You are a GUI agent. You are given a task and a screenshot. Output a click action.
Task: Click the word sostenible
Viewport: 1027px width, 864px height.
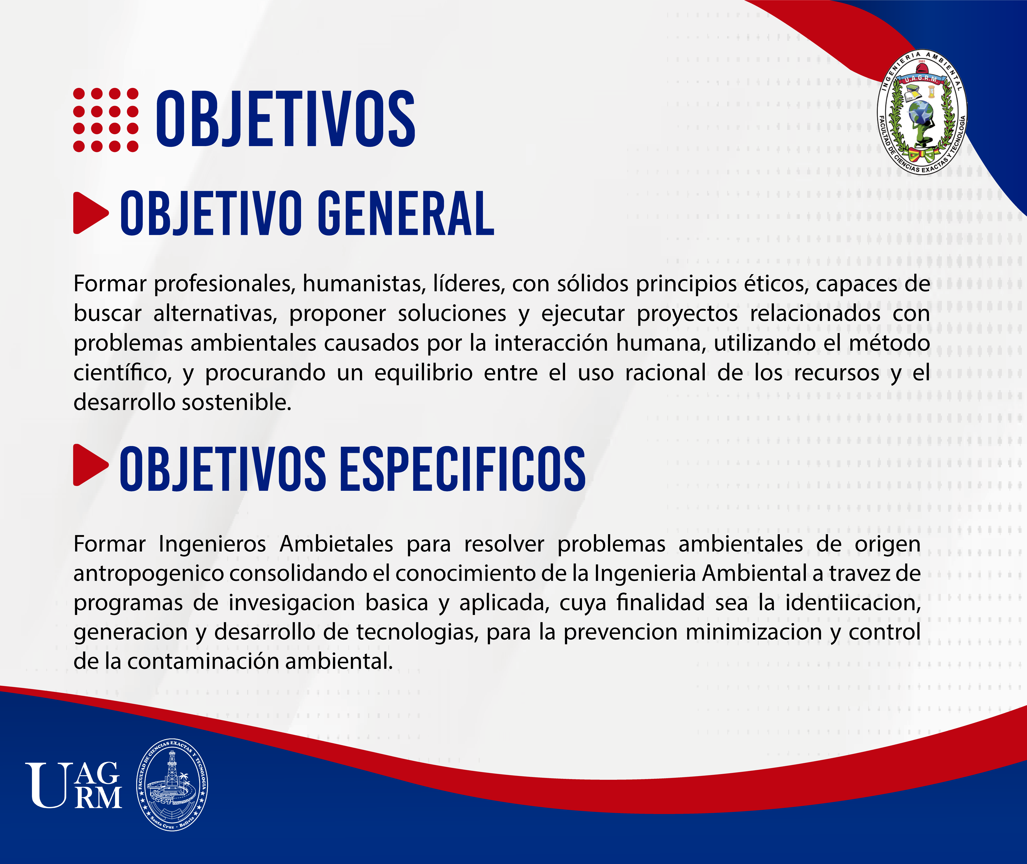tap(237, 403)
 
